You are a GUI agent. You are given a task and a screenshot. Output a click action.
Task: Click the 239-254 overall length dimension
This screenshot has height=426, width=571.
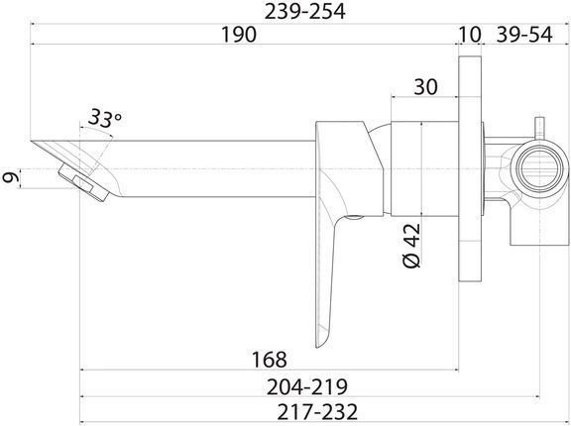point(304,12)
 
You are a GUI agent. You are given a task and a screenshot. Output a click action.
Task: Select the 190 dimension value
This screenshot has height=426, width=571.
point(239,35)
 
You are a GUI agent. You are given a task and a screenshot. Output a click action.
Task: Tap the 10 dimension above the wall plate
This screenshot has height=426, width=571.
point(470,35)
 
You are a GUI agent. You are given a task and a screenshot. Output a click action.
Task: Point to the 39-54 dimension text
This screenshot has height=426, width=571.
point(524,35)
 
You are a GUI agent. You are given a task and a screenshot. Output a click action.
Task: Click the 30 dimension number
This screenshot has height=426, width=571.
point(425,87)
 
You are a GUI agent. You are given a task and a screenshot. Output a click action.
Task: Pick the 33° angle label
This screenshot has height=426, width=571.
point(104,118)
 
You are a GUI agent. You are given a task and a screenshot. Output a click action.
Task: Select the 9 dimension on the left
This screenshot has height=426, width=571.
point(11,178)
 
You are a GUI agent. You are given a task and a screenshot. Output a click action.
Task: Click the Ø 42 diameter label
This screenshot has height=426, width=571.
point(411,245)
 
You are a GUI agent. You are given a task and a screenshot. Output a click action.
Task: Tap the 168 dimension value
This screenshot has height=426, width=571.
point(270,359)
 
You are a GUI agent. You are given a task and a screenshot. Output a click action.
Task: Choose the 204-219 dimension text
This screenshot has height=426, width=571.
point(307,386)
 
